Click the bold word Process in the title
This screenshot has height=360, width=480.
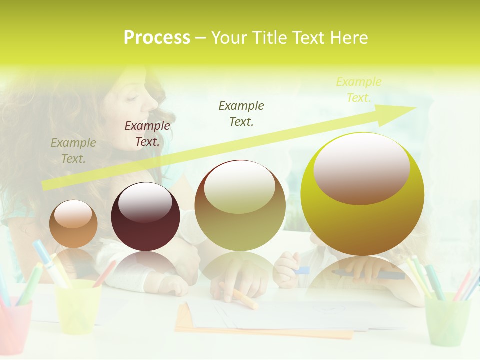157,38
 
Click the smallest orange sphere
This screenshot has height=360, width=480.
73,224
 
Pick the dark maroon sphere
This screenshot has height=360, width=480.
145,217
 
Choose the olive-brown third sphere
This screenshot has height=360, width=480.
240,206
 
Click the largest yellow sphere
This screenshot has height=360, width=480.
362,194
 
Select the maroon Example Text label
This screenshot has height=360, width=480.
147,134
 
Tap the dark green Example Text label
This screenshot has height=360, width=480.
241,113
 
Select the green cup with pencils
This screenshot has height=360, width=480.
447,320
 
